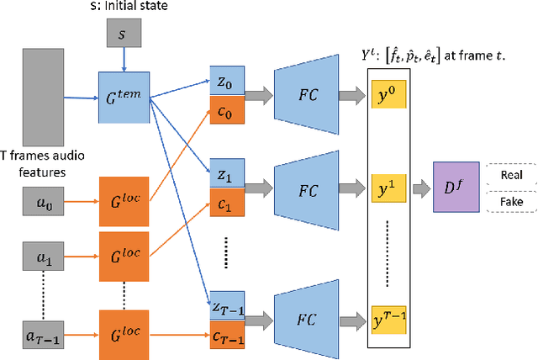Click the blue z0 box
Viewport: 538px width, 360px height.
click(224, 84)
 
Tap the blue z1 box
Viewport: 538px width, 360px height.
click(224, 176)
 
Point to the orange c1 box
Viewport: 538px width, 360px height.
click(224, 201)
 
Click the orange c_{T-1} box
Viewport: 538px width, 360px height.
click(224, 338)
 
